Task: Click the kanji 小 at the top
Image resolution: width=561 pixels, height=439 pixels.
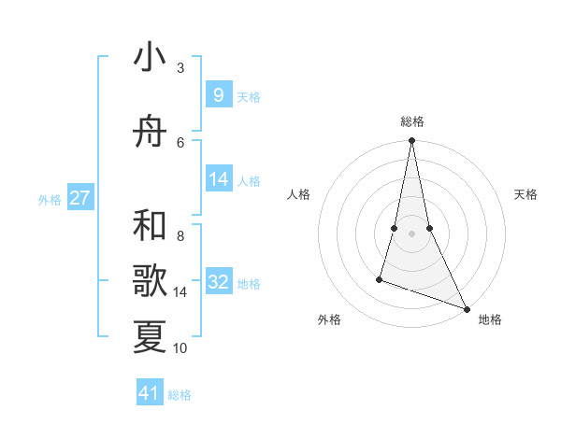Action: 150,58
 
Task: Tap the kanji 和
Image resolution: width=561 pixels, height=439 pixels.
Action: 150,226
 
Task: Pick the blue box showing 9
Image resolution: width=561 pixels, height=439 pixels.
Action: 218,94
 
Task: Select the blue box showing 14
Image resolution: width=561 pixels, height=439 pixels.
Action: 218,179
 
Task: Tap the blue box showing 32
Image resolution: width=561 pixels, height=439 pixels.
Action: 218,282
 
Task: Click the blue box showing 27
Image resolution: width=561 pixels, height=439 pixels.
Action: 80,198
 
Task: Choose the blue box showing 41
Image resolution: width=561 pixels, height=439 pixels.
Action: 150,393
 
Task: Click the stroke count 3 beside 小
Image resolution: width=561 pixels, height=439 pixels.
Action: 180,68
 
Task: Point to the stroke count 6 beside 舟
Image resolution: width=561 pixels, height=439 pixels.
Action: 180,142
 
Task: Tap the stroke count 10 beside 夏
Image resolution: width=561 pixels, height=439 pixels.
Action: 180,348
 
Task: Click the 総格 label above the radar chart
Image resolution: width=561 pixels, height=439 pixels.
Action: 412,121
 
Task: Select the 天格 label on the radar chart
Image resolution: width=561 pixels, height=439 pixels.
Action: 525,194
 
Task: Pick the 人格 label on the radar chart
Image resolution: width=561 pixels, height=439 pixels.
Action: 298,194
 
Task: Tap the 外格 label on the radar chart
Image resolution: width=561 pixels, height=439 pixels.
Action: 329,319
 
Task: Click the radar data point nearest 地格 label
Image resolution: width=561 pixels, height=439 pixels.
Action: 467,309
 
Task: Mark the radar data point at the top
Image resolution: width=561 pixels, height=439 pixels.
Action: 411,141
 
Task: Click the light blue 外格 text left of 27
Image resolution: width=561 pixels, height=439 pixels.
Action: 50,199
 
